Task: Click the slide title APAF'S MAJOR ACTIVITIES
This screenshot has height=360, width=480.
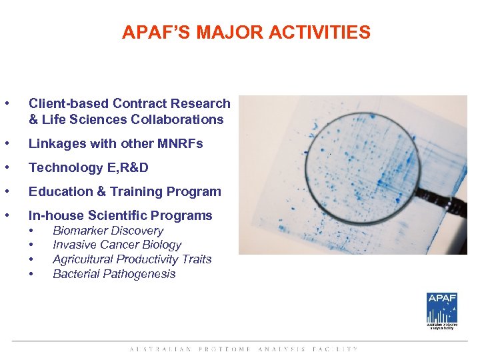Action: click(246, 32)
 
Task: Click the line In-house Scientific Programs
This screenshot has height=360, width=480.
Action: click(120, 215)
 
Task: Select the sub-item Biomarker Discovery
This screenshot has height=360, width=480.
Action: click(108, 231)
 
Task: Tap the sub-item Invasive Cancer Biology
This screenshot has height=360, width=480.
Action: click(117, 245)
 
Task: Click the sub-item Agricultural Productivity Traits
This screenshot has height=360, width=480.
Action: click(132, 259)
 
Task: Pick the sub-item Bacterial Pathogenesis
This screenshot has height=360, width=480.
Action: click(114, 274)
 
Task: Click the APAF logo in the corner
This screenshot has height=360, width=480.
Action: click(442, 309)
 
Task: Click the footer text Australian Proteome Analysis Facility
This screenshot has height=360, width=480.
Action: click(243, 349)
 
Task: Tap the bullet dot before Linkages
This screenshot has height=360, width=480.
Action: click(7, 143)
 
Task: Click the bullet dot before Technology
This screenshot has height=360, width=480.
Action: click(7, 167)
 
